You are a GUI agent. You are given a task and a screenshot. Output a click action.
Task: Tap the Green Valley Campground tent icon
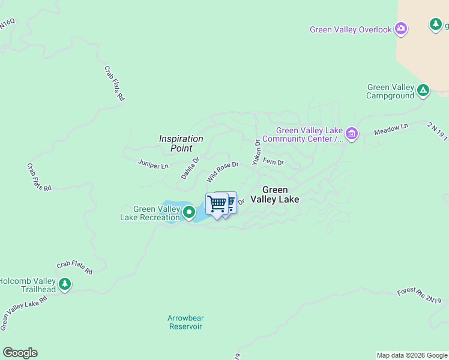423,91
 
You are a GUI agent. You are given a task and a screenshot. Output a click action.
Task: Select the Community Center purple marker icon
351,134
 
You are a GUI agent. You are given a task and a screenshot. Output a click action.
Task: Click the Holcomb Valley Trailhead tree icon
65,284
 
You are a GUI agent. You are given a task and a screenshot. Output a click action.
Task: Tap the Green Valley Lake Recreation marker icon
189,212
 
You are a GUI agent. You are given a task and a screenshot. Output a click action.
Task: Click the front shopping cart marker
217,204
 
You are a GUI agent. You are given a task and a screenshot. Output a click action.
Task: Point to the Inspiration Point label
181,143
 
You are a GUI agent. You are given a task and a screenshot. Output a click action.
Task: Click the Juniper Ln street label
153,163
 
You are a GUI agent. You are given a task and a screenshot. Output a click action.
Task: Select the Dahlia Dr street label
190,169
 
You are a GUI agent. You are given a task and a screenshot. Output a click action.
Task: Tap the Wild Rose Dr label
223,172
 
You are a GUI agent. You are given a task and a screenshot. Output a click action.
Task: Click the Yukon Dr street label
256,152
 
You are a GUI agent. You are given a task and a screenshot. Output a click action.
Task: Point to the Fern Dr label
273,163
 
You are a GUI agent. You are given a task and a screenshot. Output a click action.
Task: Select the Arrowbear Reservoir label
185,322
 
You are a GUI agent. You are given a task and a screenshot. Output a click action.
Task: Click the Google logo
20,353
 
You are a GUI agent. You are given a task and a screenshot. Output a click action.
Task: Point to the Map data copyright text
412,355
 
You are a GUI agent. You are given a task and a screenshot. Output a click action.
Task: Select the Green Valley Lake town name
275,194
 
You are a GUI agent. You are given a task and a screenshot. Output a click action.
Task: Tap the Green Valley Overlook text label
351,29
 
